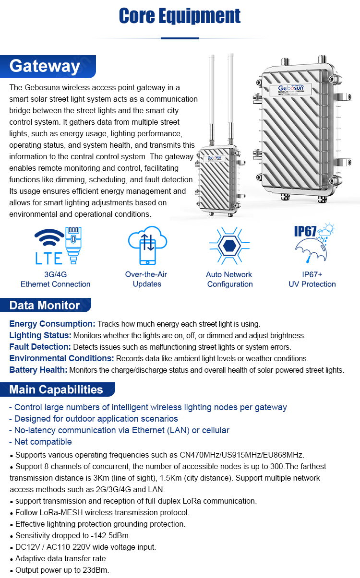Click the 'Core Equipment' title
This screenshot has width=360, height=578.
point(180,16)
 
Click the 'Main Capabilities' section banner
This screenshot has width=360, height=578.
point(56,389)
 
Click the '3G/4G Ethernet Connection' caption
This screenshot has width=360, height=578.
point(55,279)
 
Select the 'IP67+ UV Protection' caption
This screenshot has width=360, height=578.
point(312,279)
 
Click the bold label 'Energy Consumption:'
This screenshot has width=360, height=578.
point(52,324)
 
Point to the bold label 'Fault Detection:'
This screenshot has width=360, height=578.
point(40,347)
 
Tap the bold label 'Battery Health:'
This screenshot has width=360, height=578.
point(38,370)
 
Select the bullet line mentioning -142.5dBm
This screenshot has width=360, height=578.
point(72,535)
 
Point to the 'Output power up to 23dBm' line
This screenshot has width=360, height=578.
point(62,570)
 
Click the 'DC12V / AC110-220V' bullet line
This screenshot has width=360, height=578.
point(85,547)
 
